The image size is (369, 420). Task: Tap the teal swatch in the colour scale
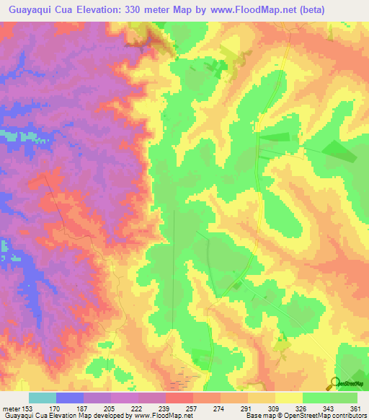[x=43, y=398]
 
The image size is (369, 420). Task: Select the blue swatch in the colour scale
[x=70, y=398]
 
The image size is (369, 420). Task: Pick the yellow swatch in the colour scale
[x=288, y=398]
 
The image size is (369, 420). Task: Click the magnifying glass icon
[x=334, y=383]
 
